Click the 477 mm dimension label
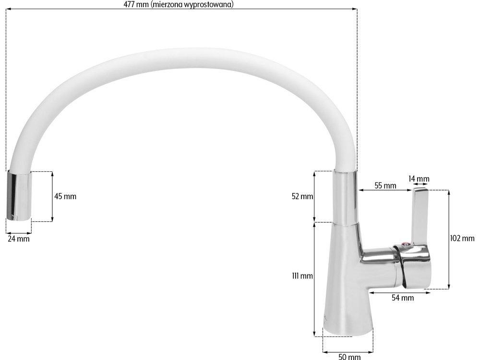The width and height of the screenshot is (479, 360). click(x=179, y=4)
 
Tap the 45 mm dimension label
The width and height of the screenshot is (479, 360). click(x=65, y=196)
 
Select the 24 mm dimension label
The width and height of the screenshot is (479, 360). click(x=19, y=239)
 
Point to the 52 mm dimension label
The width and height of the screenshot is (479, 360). click(x=302, y=196)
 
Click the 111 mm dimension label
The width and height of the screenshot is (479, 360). click(x=302, y=276)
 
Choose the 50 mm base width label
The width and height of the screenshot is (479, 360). click(x=349, y=356)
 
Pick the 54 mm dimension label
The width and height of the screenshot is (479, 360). click(x=403, y=298)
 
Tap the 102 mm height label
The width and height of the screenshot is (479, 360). click(x=462, y=238)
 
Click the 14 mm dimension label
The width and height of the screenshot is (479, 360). click(x=419, y=179)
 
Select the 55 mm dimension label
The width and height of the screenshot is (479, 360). click(x=385, y=185)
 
